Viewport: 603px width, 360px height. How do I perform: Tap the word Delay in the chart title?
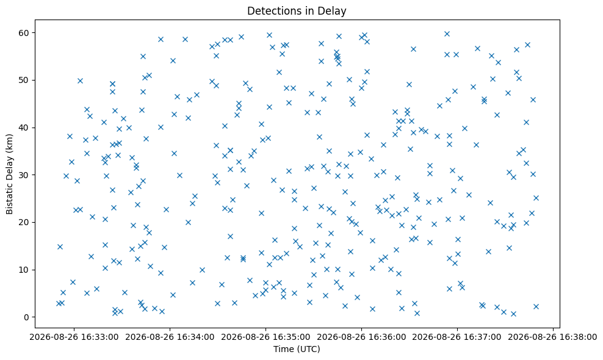coord(334,11)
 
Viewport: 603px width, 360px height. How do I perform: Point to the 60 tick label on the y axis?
coord(24,33)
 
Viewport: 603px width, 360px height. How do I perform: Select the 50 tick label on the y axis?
coord(24,80)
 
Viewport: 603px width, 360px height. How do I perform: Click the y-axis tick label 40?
coord(24,128)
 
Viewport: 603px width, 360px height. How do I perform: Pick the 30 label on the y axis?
coord(24,175)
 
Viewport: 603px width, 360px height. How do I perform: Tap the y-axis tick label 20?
coord(24,222)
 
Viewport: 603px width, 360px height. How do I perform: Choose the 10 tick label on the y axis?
coord(24,270)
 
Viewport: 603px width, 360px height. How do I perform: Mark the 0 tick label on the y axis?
coord(27,317)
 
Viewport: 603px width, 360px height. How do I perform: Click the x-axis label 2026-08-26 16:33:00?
coord(74,337)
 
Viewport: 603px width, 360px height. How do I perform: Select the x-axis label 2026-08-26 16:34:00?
coord(170,337)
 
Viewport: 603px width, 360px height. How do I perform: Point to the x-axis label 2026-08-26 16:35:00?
coord(265,337)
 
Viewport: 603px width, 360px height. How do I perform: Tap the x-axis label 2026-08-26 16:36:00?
coord(361,337)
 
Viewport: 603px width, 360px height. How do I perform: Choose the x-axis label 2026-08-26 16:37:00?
coord(457,337)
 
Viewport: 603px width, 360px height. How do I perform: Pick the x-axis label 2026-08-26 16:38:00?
coord(552,337)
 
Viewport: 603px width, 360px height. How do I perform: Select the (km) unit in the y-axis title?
coord(10,143)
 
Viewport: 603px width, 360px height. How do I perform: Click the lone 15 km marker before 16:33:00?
coord(60,247)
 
